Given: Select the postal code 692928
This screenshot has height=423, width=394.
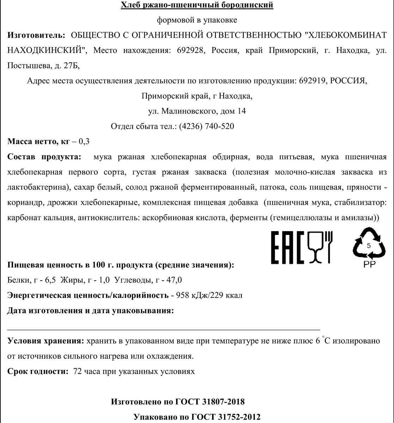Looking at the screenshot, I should pyautogui.click(x=189, y=50).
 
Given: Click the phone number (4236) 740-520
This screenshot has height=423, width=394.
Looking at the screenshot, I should pyautogui.click(x=207, y=126).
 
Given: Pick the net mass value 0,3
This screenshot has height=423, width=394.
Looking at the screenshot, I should pyautogui.click(x=85, y=142).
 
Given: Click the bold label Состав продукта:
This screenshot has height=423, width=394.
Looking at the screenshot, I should pyautogui.click(x=44, y=157).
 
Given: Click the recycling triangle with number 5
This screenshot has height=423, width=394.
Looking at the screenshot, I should pyautogui.click(x=369, y=244).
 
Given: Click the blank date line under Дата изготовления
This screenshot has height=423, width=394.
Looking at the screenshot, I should pyautogui.click(x=164, y=328).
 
